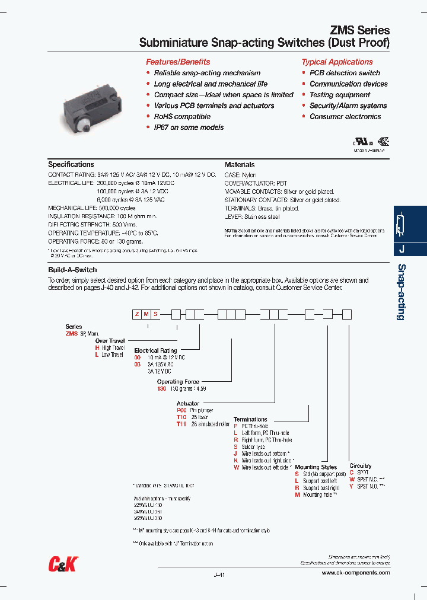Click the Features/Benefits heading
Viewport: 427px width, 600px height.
click(x=178, y=62)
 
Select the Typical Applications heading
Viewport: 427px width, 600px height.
click(x=337, y=62)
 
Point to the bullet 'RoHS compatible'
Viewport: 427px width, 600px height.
click(x=182, y=117)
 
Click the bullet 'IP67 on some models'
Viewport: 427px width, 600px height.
click(x=189, y=127)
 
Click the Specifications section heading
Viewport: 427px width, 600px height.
click(x=71, y=164)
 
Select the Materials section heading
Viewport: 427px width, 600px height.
click(x=240, y=164)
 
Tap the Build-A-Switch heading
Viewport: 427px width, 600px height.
click(x=72, y=270)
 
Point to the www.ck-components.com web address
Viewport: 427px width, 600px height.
click(x=356, y=573)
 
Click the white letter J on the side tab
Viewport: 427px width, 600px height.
click(x=401, y=249)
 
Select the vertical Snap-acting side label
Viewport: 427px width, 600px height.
click(x=401, y=292)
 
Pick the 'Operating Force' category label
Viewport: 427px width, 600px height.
click(x=178, y=382)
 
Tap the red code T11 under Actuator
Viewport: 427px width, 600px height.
click(x=181, y=425)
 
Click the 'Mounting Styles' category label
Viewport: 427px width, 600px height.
click(x=316, y=467)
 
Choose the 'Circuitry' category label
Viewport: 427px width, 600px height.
click(x=361, y=466)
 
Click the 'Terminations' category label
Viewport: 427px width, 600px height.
click(x=250, y=419)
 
